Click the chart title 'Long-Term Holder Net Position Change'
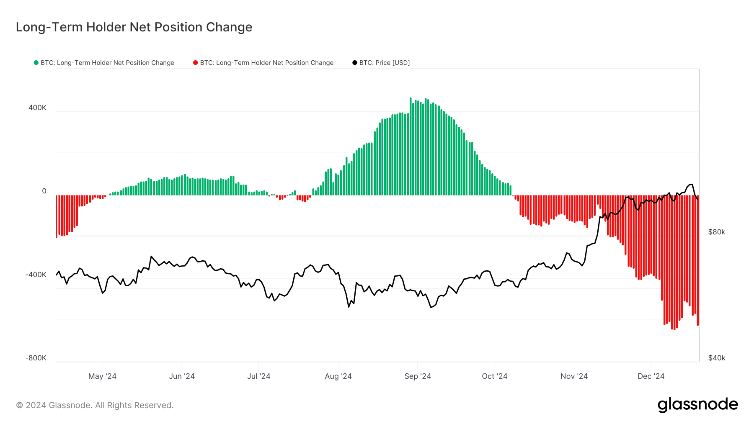pos(134,27)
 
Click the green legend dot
pos(36,63)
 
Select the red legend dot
pos(195,63)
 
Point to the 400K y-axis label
pos(37,108)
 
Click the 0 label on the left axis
pos(44,191)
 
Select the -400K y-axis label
pos(36,275)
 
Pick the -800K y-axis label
pos(36,358)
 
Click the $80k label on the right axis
pos(716,232)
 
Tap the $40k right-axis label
pos(716,358)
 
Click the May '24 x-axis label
pos(102,376)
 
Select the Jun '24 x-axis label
pos(182,376)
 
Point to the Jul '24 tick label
pos(258,376)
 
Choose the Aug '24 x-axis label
pos(338,376)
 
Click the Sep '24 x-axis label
pos(418,376)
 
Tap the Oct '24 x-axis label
pos(494,376)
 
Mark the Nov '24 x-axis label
pos(574,376)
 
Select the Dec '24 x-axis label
pos(651,376)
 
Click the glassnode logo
pos(697,405)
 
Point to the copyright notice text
pos(95,405)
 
